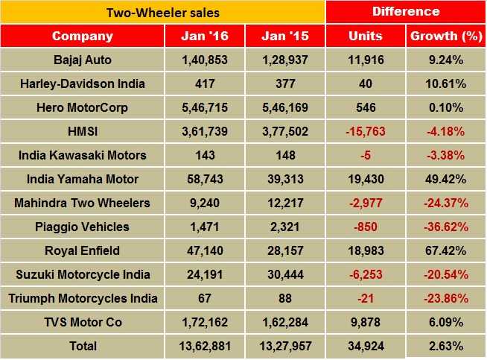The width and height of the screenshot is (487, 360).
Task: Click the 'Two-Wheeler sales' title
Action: tap(162, 13)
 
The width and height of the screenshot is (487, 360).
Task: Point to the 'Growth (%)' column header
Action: tap(445, 36)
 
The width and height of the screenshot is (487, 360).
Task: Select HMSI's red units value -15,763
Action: tap(366, 132)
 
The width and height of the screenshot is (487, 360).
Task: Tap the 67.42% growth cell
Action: tap(445, 251)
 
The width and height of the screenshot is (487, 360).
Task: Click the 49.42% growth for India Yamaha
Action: tap(445, 180)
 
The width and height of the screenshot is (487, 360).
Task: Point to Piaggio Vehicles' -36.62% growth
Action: tap(445, 227)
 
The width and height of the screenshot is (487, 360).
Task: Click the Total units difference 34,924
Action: tap(366, 347)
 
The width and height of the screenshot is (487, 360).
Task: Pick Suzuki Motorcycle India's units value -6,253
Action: tap(366, 275)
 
